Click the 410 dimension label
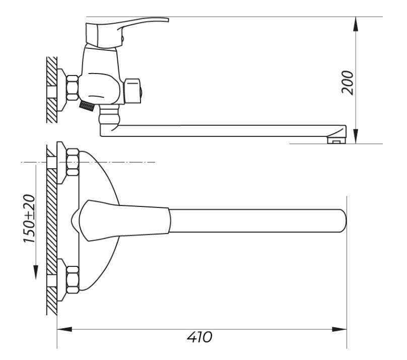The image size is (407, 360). tap(199, 337)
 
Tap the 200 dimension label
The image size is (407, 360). tap(347, 83)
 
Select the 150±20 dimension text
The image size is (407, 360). tap(29, 219)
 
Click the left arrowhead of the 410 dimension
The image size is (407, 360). tap(64, 329)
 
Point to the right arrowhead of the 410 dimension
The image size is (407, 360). tap(340, 329)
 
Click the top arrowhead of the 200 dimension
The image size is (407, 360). tap(356, 24)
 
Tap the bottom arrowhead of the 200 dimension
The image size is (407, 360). tap(356, 136)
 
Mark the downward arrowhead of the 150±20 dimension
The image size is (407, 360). tap(36, 272)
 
